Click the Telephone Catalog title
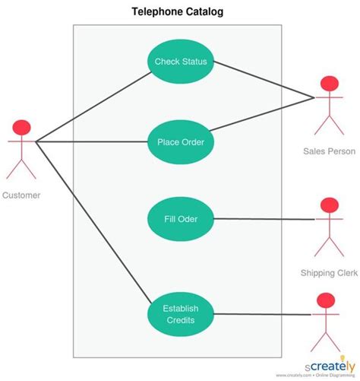coord(178,12)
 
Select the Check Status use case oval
coord(181,62)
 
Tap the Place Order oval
coord(181,141)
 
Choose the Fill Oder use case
coord(181,220)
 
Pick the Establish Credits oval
coord(181,314)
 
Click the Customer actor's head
coord(21,125)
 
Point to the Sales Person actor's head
coord(329,84)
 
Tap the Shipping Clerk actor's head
coord(329,206)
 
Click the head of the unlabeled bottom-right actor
coord(325,300)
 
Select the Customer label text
coord(21,195)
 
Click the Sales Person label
coord(329,151)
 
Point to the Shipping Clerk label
coord(329,272)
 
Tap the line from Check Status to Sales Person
coord(262,80)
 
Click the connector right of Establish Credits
coord(262,314)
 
